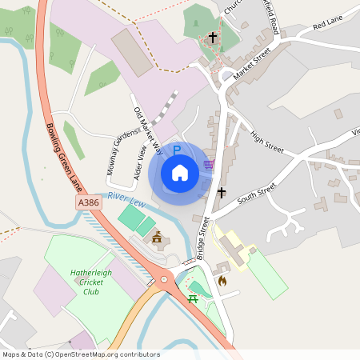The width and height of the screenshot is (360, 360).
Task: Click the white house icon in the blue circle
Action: click(180, 172)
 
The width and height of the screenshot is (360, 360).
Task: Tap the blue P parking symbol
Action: click(177, 150)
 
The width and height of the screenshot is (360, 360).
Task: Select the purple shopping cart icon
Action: click(210, 165)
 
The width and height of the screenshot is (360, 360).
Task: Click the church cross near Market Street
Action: click(213, 38)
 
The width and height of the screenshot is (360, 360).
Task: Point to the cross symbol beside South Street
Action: click(222, 192)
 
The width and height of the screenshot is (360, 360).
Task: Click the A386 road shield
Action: click(90, 204)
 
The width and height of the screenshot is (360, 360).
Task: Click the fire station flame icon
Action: click(222, 281)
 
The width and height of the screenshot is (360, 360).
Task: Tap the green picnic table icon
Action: click(193, 299)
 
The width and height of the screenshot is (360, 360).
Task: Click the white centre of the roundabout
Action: click(166, 280)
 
